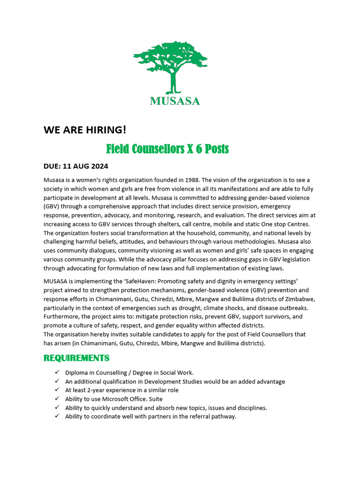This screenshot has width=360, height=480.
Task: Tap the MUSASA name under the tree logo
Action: (175, 101)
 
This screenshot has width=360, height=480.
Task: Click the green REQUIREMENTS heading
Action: (76, 358)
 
